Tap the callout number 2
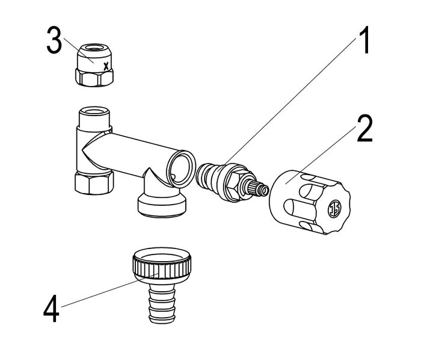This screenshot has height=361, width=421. [x=364, y=129]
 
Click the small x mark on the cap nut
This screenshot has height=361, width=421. [x=106, y=67]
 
